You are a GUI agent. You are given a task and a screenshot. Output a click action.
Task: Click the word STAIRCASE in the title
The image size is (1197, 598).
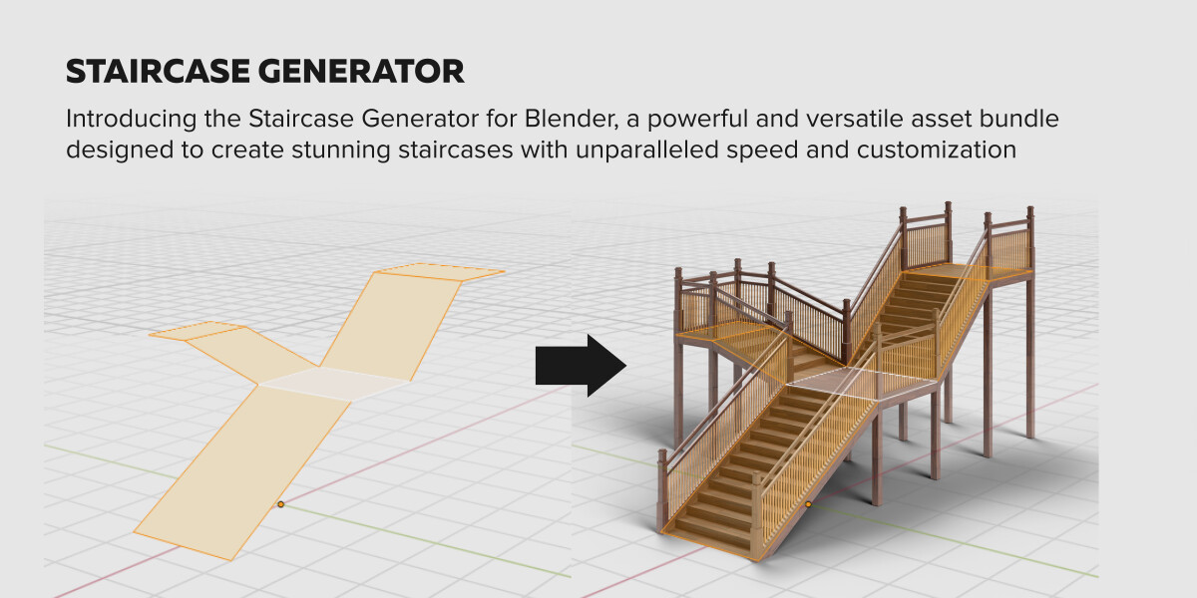[158, 72]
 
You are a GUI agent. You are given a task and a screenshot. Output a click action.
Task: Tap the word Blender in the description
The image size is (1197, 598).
[572, 119]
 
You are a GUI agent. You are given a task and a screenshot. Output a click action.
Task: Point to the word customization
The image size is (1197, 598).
[937, 149]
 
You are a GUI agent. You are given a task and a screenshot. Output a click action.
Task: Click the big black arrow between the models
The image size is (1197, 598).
[581, 366]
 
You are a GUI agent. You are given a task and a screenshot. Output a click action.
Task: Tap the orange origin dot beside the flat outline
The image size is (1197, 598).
[281, 504]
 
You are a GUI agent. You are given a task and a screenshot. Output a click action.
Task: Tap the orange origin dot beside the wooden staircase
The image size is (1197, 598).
[809, 504]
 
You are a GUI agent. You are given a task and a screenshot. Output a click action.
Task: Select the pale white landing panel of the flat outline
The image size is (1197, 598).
[334, 384]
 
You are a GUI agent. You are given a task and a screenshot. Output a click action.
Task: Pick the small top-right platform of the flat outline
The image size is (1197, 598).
[440, 272]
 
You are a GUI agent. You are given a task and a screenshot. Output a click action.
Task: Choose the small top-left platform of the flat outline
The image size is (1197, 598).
[197, 331]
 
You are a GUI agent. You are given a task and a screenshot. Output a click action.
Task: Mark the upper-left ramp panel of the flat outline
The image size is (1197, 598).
[251, 355]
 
